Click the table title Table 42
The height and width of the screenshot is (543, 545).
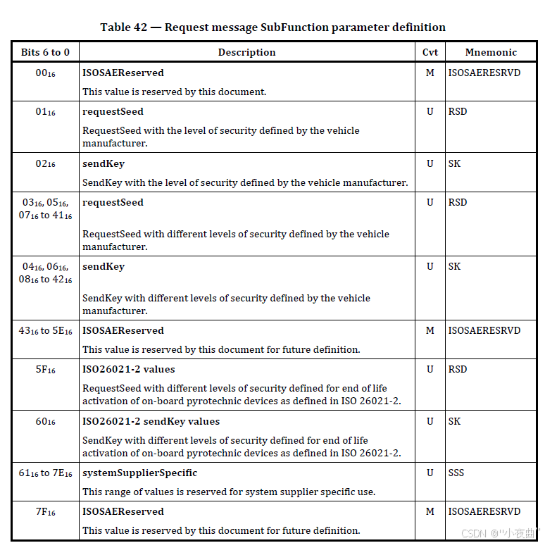tap(272, 27)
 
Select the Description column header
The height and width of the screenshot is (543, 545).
tap(246, 52)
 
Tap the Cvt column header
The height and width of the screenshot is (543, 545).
tap(430, 52)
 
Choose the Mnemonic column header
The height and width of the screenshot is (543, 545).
tap(491, 52)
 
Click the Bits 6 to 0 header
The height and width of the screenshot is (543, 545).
tap(45, 52)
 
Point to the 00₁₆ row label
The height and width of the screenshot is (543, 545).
tap(46, 73)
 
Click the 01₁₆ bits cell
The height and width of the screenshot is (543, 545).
tap(46, 112)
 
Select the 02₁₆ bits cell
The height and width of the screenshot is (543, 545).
tap(46, 164)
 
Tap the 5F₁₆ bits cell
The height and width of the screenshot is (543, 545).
tap(46, 370)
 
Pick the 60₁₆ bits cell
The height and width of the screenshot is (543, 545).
tap(46, 422)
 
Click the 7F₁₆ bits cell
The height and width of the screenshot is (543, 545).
tap(46, 512)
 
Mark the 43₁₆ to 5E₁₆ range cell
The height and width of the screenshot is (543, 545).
tap(46, 331)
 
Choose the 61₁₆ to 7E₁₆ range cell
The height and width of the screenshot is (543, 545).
tap(46, 473)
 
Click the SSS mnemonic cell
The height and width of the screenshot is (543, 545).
tap(456, 473)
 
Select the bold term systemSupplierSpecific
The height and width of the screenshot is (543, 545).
tap(139, 473)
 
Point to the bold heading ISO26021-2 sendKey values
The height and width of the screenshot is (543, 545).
tap(151, 421)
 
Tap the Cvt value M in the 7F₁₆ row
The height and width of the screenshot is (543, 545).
tap(430, 511)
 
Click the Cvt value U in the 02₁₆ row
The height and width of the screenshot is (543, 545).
tap(430, 163)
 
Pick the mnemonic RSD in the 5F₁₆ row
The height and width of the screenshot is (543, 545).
tap(458, 369)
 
